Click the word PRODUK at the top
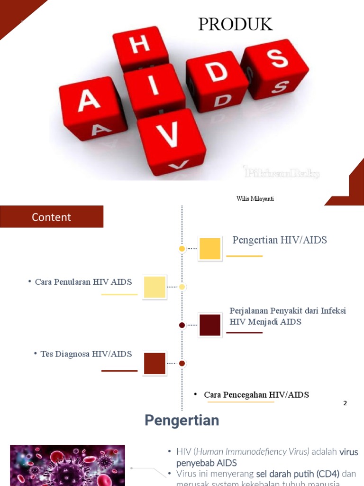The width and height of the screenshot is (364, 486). coord(236,25)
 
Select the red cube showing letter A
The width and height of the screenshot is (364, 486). coord(91,107)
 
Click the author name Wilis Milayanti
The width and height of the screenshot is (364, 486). coord(255,199)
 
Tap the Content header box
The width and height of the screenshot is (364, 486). coord(52,217)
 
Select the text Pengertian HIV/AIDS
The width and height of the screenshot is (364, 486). coord(280,240)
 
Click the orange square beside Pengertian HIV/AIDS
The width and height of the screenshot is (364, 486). coord(210,249)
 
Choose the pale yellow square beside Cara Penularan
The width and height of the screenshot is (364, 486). coord(155,287)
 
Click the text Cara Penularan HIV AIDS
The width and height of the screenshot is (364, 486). coord(83,282)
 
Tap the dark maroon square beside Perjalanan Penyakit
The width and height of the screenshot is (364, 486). coord(210,325)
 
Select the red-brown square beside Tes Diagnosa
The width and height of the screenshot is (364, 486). coord(155,364)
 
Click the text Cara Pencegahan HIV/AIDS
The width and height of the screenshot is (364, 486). coord(256,395)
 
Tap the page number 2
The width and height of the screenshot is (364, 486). coord(345,403)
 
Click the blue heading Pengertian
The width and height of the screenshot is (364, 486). coord(182,421)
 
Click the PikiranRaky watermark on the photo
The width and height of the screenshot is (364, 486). coord(282,173)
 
